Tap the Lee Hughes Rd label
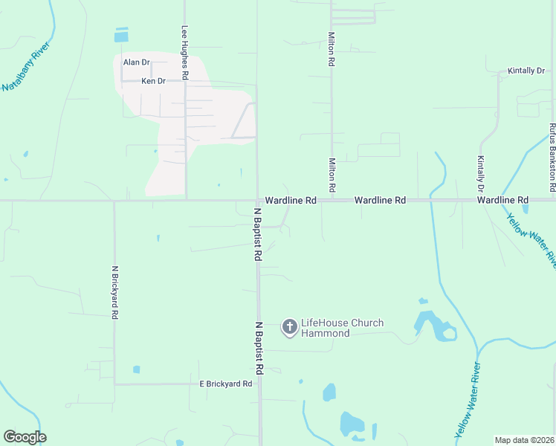(x=185, y=53)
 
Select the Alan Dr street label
(x=137, y=63)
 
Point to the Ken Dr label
(x=153, y=81)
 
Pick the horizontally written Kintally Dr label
(x=526, y=71)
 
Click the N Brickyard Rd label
(x=114, y=292)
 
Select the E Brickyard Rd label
(x=226, y=384)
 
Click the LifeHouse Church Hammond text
(x=342, y=328)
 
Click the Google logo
(x=25, y=437)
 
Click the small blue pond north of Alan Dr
(x=121, y=35)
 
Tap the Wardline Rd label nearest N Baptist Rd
(x=291, y=201)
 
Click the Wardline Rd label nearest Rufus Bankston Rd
(x=502, y=201)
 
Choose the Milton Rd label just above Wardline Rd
(x=332, y=175)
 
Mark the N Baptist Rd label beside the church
(x=259, y=348)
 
